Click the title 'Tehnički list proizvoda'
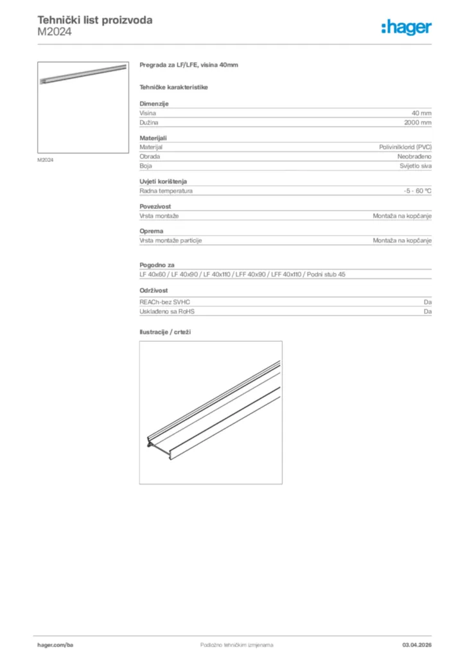coord(95,20)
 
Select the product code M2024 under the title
coord(55,31)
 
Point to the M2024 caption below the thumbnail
coord(45,160)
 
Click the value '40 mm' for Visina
coord(421,112)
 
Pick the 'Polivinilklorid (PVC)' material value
coord(405,147)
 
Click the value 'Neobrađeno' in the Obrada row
coord(414,156)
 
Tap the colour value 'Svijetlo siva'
coord(416,165)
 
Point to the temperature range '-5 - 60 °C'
coord(417,191)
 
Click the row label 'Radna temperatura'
coord(166,191)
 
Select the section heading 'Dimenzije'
coord(154,103)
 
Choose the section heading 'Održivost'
coord(155,290)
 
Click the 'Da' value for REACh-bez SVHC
coord(427,302)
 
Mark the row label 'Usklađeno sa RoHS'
coord(167,311)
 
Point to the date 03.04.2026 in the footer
coord(417,645)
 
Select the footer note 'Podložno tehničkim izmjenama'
coord(237,645)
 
